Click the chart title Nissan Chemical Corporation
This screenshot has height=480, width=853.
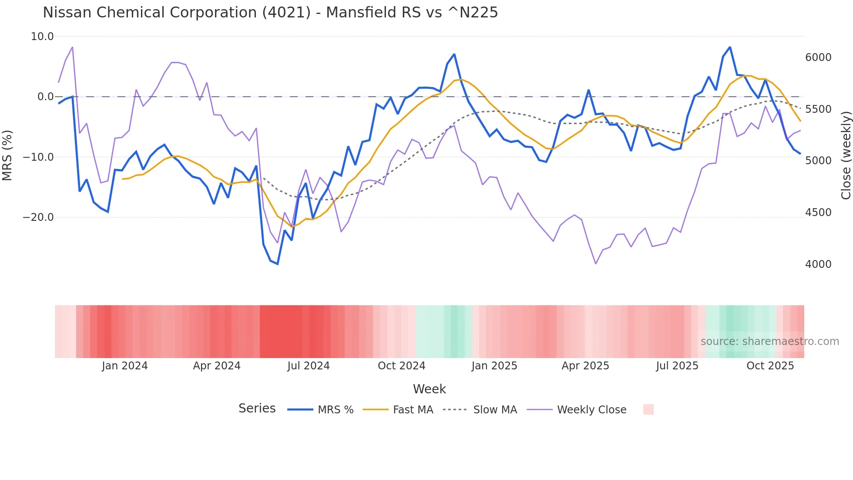coord(270,12)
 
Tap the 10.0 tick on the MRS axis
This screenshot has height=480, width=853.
coord(42,37)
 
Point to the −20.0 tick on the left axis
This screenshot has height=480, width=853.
coord(38,217)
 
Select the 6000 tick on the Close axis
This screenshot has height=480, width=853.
coord(818,57)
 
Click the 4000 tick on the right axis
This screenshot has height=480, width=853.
coord(818,264)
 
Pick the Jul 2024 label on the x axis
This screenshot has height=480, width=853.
coord(308,366)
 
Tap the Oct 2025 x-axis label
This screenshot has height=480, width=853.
coord(770,366)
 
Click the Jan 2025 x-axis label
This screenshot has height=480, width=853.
coord(494,366)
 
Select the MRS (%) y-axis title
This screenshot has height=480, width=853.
coord(7,155)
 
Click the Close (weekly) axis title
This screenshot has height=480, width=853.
coord(846,155)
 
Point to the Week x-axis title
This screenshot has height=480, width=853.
coord(429,389)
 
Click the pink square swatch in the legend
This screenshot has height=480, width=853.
coord(648,409)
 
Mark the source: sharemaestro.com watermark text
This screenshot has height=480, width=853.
coord(769,341)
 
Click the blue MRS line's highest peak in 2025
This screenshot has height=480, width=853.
coord(730,47)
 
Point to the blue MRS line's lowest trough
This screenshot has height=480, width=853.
coord(278,264)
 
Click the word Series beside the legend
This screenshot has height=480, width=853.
coord(257,409)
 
